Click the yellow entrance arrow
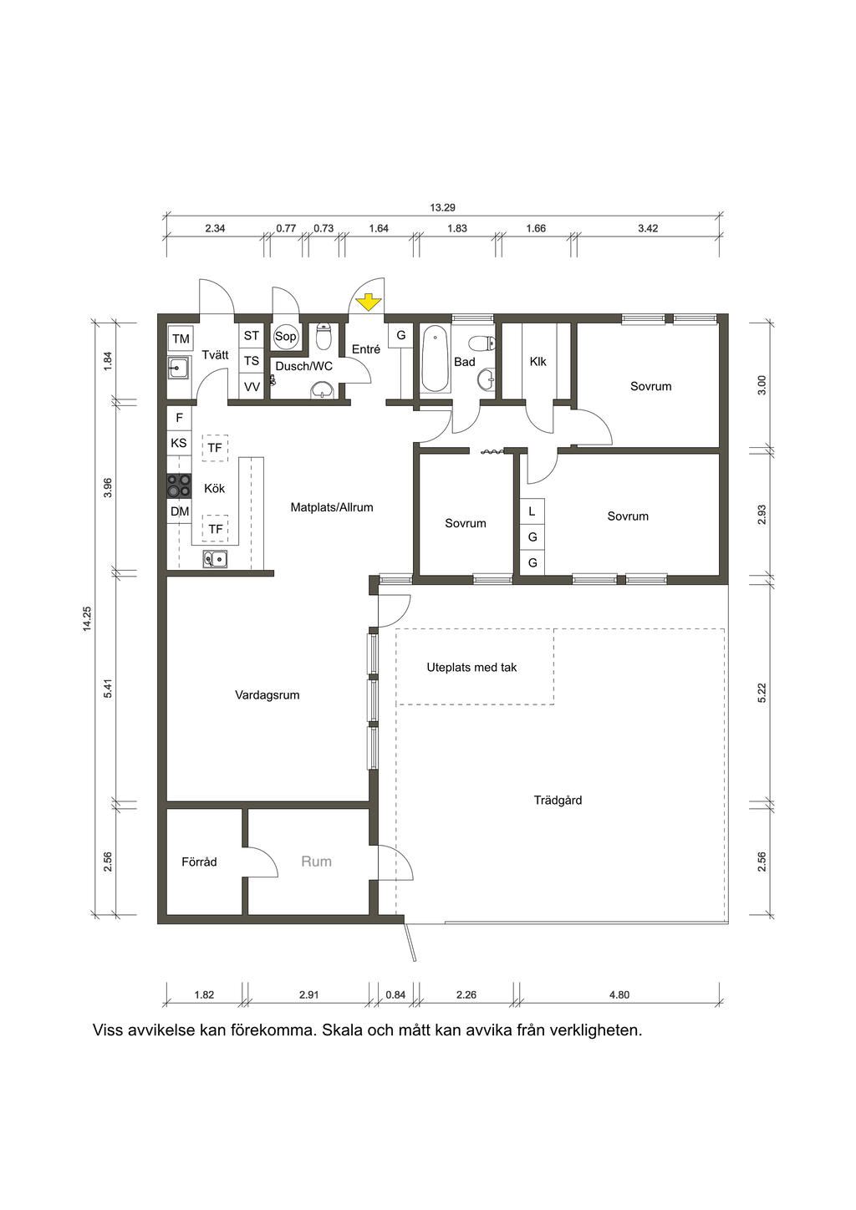pyautogui.click(x=368, y=302)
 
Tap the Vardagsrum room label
pyautogui.click(x=267, y=695)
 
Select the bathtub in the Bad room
pyautogui.click(x=435, y=358)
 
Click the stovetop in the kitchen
pyautogui.click(x=179, y=485)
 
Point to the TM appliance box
pyautogui.click(x=181, y=338)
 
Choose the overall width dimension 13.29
pyautogui.click(x=442, y=207)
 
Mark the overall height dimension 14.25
pyautogui.click(x=88, y=618)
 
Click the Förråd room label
pyautogui.click(x=199, y=862)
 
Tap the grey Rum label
pyautogui.click(x=316, y=861)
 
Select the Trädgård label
pyautogui.click(x=558, y=800)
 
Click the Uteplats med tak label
pyautogui.click(x=471, y=668)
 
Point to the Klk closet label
pyautogui.click(x=538, y=361)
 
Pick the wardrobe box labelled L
pyautogui.click(x=532, y=511)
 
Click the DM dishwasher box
pyautogui.click(x=180, y=511)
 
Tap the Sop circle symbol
pyautogui.click(x=285, y=337)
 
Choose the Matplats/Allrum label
pyautogui.click(x=332, y=507)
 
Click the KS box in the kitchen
pyautogui.click(x=179, y=443)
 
